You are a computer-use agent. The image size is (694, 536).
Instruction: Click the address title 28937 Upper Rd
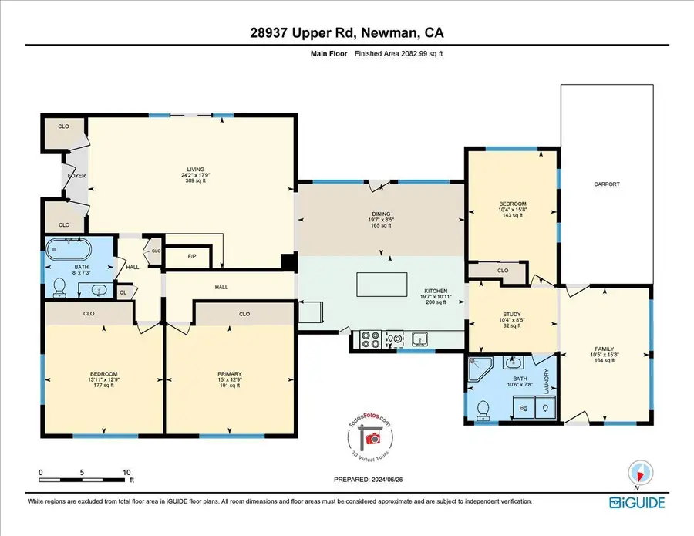[346, 33]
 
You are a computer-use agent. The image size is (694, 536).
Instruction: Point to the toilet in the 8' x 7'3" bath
[59, 286]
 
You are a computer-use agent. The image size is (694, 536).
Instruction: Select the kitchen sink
[420, 338]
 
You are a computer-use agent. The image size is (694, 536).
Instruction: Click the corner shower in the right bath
[481, 372]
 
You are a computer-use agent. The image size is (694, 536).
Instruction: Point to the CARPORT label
[606, 184]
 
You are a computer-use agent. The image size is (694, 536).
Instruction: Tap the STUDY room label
[513, 314]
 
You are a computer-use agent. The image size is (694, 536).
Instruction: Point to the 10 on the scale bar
[126, 472]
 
